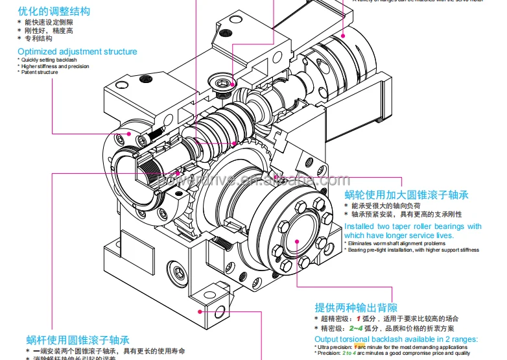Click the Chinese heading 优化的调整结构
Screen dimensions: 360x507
54,11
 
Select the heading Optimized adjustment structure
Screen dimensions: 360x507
77,51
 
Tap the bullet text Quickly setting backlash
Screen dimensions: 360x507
48,60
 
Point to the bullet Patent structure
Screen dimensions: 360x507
39,72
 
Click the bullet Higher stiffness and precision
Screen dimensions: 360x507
54,66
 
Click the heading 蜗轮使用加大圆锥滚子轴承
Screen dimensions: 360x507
406,195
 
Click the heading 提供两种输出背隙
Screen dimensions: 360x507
356,307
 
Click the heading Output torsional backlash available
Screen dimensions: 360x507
395,339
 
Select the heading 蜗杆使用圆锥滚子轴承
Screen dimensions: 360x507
78,339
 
